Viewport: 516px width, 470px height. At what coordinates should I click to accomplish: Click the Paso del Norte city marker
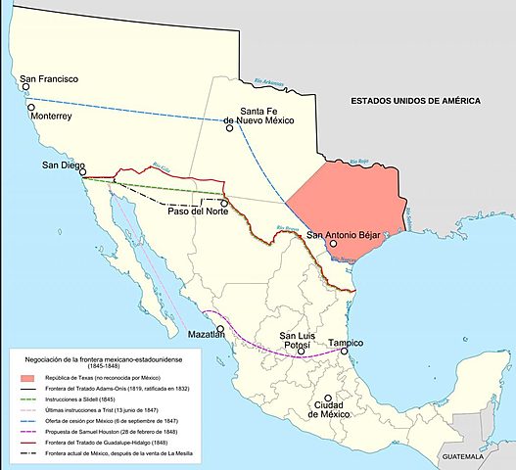(224, 203)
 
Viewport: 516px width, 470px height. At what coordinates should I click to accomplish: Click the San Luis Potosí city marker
(302, 351)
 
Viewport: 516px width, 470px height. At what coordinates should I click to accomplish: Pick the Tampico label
(345, 343)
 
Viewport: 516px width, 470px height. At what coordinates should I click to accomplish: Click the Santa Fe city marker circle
(227, 126)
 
